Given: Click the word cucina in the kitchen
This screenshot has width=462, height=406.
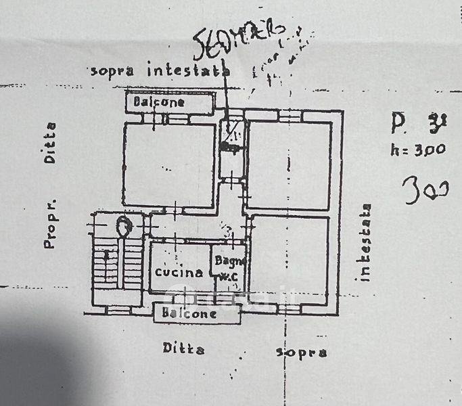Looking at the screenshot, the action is (179, 273).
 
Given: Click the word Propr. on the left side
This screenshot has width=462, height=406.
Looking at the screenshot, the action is (49, 224).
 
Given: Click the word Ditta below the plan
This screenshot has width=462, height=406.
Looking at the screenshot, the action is (183, 348).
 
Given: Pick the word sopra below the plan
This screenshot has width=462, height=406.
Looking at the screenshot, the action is (302, 352).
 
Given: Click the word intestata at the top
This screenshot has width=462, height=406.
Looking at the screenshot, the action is (189, 69).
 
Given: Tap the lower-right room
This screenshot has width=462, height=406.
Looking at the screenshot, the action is (289, 261).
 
